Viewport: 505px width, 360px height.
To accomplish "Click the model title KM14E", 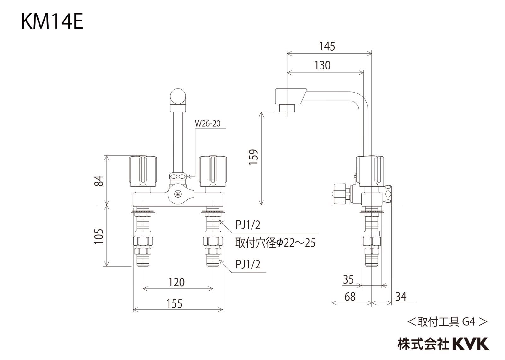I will coord(52,22).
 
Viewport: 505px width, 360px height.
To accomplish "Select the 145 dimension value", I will coord(327,46).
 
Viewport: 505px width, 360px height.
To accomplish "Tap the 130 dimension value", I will coord(322,65).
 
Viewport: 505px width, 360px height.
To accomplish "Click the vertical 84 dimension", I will coord(99,181).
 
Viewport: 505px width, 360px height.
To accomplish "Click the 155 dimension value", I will coord(174,304).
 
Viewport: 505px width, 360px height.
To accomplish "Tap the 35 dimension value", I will coord(348,279).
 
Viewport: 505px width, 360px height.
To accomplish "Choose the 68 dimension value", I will coord(350,297).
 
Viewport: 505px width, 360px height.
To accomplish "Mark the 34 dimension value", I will coord(401,297).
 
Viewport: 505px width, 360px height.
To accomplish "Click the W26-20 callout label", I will coord(207,123).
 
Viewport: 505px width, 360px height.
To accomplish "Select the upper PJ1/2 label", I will coord(248,225).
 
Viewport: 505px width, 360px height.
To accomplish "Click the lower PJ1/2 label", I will coord(248,264).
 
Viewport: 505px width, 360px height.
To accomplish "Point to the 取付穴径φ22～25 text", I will coord(275,243).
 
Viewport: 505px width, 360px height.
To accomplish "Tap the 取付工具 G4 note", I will coord(448,322).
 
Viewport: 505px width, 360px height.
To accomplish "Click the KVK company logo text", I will coord(470,344).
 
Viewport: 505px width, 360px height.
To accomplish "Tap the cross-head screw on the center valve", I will coord(178,195).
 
